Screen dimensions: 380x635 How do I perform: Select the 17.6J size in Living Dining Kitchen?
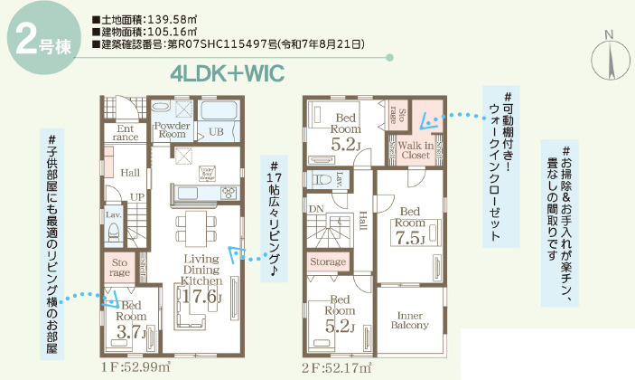tap(201, 295)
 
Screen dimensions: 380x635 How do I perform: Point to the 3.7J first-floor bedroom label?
tap(130, 331)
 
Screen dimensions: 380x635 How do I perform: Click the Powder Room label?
tap(171, 128)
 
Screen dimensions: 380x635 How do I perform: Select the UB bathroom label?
tap(216, 132)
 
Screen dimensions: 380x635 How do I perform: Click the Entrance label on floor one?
tap(126, 133)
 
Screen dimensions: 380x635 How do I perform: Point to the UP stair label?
tap(137, 195)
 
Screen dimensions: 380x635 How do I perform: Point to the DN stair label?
tap(316, 208)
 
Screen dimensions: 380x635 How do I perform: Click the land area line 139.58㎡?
tap(149, 19)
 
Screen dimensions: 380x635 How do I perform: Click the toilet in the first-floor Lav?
tap(114, 233)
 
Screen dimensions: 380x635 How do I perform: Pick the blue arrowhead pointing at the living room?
tap(235, 252)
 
